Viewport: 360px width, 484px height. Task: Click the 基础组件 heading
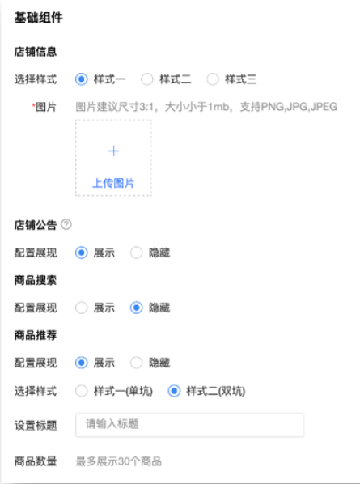click(x=39, y=17)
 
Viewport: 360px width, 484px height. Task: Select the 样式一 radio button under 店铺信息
click(x=82, y=79)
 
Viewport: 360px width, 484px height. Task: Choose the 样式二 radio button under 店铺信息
click(x=147, y=79)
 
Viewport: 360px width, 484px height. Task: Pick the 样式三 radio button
click(x=213, y=79)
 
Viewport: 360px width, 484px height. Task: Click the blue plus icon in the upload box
click(x=113, y=151)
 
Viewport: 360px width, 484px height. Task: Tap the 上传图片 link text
click(x=113, y=183)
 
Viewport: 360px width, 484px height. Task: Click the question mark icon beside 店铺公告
click(x=66, y=224)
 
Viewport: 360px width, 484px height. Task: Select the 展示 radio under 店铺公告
click(x=82, y=253)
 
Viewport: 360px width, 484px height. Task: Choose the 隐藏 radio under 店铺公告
click(x=137, y=253)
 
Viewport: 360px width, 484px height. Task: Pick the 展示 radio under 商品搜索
click(x=82, y=308)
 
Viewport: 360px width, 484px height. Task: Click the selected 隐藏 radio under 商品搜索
click(x=137, y=308)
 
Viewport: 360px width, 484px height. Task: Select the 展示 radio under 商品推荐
click(x=82, y=363)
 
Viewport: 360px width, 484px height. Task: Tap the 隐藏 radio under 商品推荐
click(x=137, y=363)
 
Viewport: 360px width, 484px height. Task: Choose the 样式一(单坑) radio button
click(x=82, y=391)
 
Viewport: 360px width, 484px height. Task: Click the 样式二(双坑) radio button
click(x=174, y=391)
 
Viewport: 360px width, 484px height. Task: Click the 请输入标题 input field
click(x=190, y=425)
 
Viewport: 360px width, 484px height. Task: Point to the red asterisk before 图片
click(x=33, y=105)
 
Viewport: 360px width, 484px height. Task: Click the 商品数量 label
click(x=36, y=461)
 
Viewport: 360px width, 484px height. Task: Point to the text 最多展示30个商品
click(x=118, y=461)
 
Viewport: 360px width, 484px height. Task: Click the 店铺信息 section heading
click(x=36, y=52)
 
